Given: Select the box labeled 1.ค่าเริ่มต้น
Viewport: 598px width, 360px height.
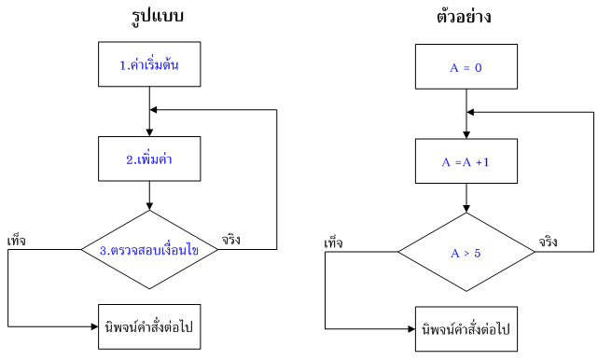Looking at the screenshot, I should click(149, 65).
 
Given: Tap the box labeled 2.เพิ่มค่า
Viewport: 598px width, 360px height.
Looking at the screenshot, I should click(149, 159).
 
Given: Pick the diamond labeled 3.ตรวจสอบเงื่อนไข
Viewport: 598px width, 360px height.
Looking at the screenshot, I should click(149, 250).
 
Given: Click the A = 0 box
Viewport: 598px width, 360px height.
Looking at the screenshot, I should click(465, 68).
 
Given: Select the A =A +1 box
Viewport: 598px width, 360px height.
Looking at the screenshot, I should click(465, 162).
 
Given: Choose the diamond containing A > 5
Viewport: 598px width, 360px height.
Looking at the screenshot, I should click(465, 252).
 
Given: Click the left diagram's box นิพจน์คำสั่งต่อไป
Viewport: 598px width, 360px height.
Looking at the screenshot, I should click(149, 327).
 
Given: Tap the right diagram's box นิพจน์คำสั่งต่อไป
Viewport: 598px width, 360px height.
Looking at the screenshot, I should click(466, 329).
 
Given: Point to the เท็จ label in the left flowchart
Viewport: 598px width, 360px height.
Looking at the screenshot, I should click(16, 241).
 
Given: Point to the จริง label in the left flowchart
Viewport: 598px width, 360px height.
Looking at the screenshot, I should click(231, 241).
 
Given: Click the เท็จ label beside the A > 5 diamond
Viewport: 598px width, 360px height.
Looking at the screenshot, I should click(333, 242).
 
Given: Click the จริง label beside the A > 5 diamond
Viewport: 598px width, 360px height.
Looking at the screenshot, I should click(549, 242).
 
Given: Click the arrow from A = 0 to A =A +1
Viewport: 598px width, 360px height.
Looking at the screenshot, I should click(465, 115).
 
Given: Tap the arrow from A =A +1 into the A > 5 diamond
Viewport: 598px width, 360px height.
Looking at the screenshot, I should click(465, 198).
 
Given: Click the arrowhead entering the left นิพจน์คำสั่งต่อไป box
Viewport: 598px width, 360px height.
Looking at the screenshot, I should click(93, 327).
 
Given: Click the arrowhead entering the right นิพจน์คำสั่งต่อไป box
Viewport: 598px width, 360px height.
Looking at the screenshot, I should click(410, 329).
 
